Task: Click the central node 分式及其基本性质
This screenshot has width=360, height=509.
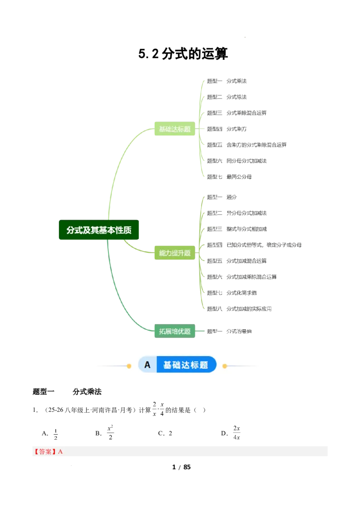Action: click(x=99, y=230)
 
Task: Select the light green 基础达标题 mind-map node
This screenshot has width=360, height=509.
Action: click(x=175, y=129)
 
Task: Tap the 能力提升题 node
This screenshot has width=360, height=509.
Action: click(x=175, y=253)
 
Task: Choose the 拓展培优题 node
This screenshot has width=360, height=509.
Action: click(x=175, y=331)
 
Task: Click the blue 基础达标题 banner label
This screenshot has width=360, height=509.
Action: click(x=186, y=365)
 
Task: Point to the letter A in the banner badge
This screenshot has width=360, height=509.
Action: click(x=147, y=365)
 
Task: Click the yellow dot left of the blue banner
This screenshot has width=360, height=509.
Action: click(x=129, y=366)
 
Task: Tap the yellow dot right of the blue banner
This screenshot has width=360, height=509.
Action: click(x=225, y=366)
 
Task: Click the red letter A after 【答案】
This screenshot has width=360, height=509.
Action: click(x=61, y=451)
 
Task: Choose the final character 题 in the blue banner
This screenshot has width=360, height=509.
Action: click(x=204, y=365)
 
